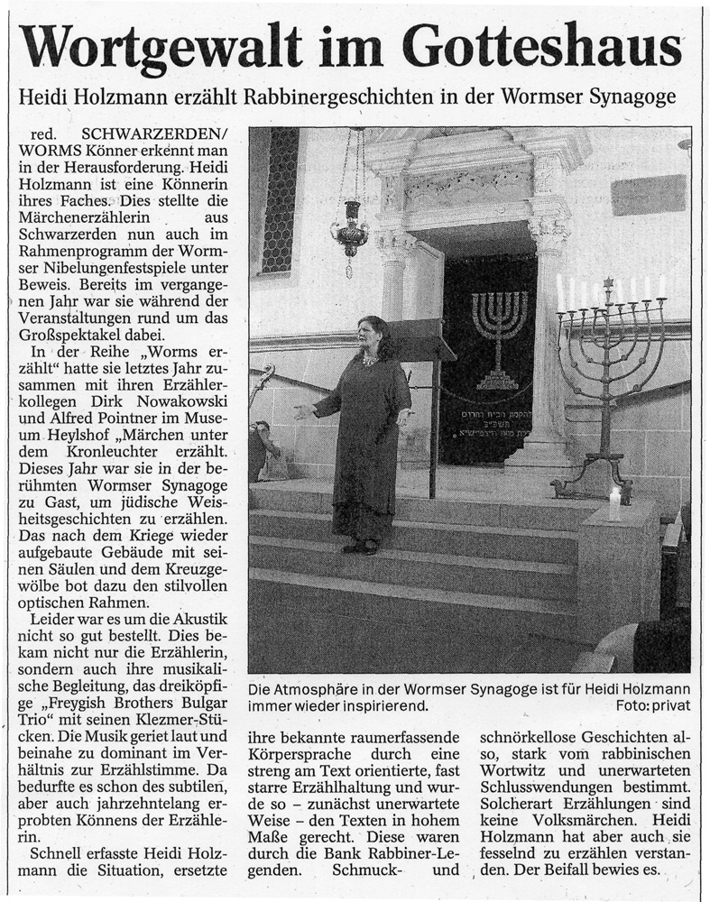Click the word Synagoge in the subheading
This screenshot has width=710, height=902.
click(x=636, y=97)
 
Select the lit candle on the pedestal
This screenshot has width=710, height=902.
click(x=615, y=502)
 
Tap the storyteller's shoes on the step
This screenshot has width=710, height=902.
click(x=359, y=547)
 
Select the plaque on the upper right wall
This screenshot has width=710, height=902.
click(x=647, y=194)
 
